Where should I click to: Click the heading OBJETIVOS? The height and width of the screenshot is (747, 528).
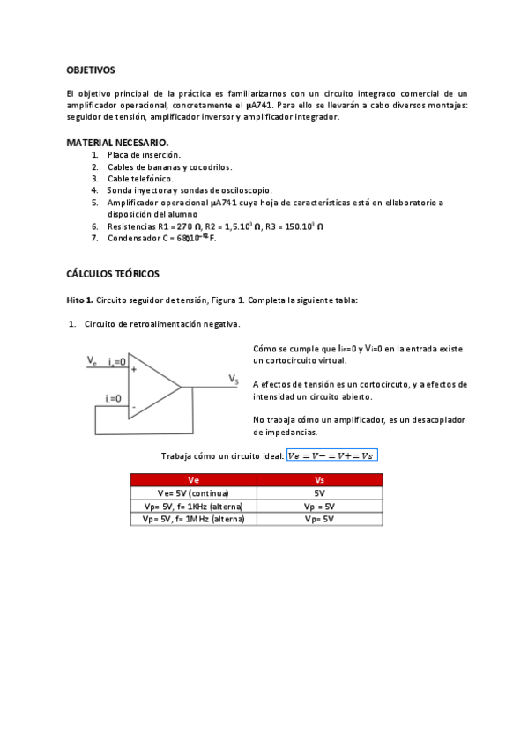click(x=91, y=70)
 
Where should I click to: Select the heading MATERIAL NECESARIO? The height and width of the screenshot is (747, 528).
click(x=117, y=143)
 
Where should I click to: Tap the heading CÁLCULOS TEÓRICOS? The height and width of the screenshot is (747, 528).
click(x=113, y=274)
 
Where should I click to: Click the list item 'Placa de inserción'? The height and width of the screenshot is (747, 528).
click(x=144, y=155)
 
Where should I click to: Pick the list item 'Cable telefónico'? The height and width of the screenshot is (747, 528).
click(x=140, y=179)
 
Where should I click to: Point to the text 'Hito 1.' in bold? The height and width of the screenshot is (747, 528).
click(x=79, y=300)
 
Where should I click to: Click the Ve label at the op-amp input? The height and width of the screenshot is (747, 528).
click(x=93, y=359)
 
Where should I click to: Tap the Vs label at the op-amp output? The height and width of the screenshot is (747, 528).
click(x=234, y=379)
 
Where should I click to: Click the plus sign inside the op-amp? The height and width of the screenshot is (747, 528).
click(x=134, y=370)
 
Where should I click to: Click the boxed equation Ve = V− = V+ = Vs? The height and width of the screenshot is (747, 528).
click(x=331, y=455)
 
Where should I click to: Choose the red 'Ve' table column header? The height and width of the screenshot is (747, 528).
click(x=194, y=480)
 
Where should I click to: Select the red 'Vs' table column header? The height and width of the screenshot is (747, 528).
click(x=319, y=480)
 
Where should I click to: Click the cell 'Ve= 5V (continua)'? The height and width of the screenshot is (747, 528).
click(x=194, y=493)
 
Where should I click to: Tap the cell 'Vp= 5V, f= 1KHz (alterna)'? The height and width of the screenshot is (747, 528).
click(x=194, y=507)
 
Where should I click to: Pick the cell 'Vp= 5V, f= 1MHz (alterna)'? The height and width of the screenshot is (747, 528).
click(x=194, y=520)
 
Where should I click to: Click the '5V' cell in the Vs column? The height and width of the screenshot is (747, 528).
click(x=319, y=493)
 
